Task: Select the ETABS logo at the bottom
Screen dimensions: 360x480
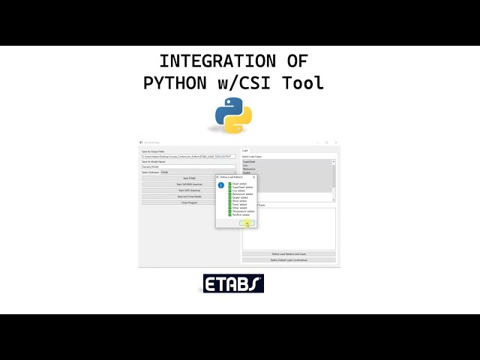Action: (x=233, y=283)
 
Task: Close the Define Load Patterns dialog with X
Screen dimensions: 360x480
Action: (x=253, y=177)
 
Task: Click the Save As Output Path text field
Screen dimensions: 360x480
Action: (x=188, y=156)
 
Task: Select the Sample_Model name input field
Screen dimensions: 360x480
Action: (x=188, y=166)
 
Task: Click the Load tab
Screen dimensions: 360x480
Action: (x=245, y=151)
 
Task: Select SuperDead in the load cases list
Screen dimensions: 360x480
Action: (x=250, y=161)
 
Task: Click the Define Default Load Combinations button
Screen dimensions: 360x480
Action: (x=289, y=260)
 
